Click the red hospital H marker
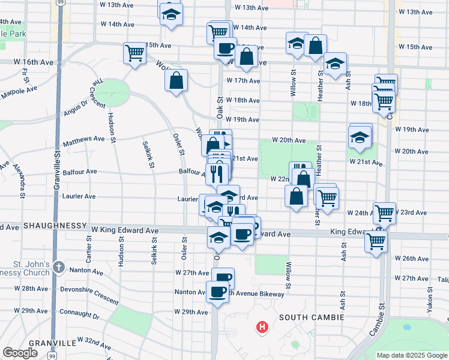[x=262, y=328]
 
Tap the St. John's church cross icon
[x=58, y=266]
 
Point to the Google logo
[x=20, y=353]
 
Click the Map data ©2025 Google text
[x=412, y=355]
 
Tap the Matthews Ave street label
[x=83, y=139]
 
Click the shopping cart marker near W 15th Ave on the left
[x=134, y=52]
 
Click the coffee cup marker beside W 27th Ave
[x=223, y=278]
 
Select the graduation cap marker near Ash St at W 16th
[x=335, y=64]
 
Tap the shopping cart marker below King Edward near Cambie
[x=376, y=241]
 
